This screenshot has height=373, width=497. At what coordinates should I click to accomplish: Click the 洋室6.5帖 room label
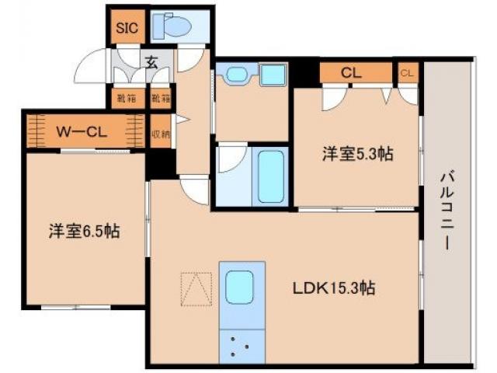(85, 231)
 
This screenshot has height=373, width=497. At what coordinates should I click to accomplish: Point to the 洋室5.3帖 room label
(357, 153)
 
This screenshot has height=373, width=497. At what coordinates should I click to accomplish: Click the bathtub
(272, 177)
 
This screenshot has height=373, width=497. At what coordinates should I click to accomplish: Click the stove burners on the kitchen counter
(241, 343)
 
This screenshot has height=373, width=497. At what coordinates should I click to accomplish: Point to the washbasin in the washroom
(235, 76)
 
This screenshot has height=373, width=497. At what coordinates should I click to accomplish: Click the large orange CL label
(351, 73)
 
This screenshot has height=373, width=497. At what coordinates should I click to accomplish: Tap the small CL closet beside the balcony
(407, 73)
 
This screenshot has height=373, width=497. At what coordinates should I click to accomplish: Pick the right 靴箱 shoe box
(161, 99)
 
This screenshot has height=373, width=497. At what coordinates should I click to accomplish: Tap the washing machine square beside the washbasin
(273, 76)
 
